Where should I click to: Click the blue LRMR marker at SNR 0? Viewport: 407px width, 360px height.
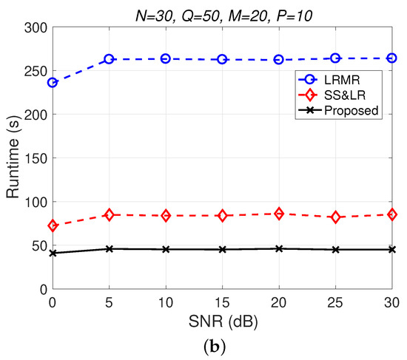click(53, 82)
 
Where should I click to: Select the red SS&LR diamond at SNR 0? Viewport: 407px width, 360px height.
click(53, 225)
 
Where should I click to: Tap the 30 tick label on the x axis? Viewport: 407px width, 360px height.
click(391, 302)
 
